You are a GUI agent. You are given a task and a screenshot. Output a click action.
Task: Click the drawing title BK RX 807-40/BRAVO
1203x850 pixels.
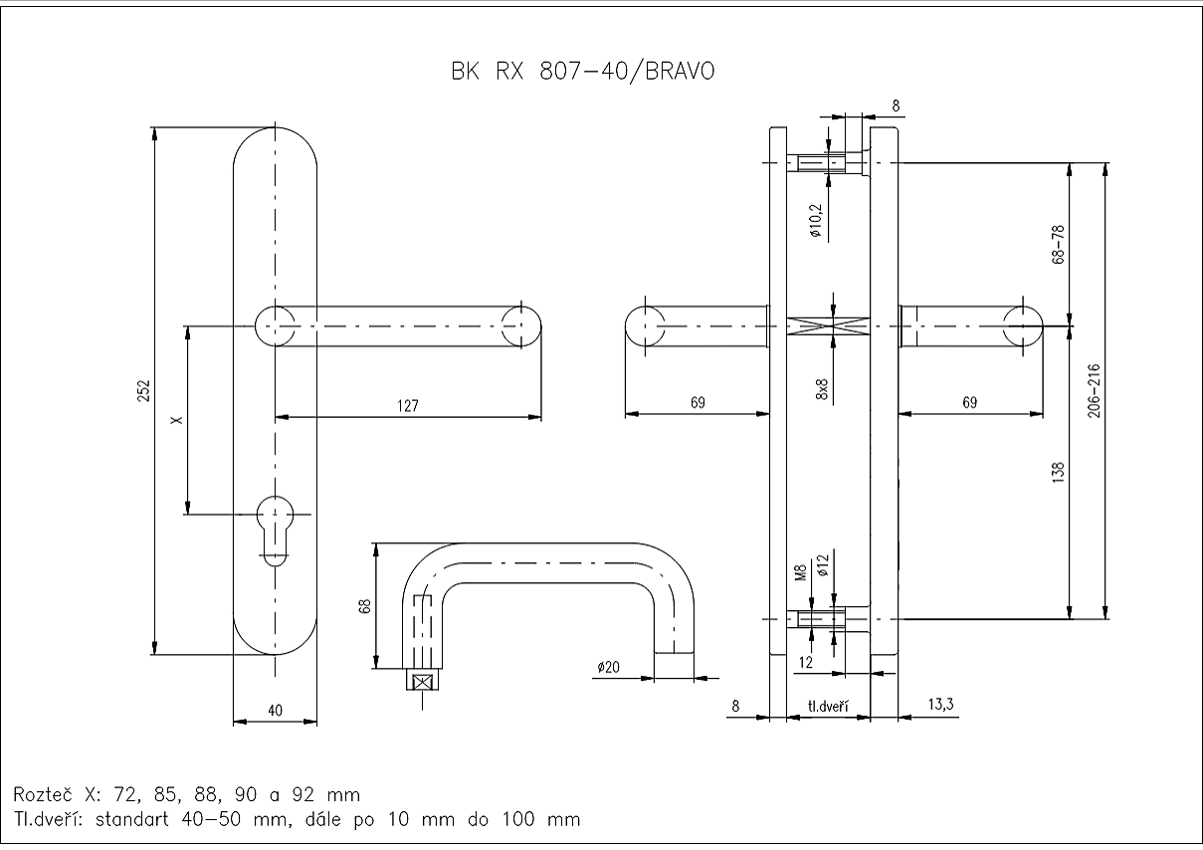(x=582, y=72)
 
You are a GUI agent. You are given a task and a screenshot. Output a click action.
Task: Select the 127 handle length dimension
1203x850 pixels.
(x=408, y=405)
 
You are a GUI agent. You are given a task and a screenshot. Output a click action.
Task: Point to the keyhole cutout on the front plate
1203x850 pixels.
(x=275, y=526)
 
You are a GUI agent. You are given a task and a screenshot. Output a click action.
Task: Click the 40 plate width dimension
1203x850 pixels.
(x=276, y=710)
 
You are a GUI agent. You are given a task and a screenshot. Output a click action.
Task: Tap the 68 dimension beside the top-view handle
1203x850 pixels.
(x=365, y=606)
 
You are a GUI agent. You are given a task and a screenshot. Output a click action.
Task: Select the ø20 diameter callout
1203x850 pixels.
(x=609, y=667)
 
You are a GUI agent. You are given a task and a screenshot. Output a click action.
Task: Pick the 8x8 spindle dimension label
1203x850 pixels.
(x=822, y=388)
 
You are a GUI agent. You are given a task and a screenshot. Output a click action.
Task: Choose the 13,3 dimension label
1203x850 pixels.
(x=940, y=705)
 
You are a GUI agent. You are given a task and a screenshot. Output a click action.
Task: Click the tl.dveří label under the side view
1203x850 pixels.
(x=828, y=707)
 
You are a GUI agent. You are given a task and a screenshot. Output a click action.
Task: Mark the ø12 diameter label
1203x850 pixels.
(x=822, y=566)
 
